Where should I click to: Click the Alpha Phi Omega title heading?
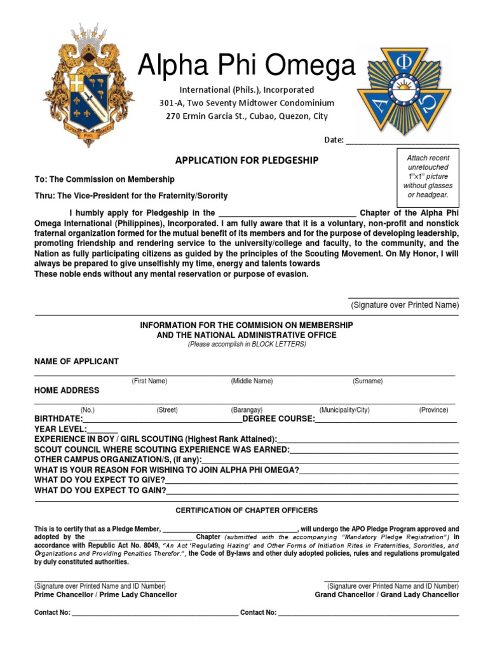click(x=247, y=65)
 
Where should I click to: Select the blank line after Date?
click(x=402, y=140)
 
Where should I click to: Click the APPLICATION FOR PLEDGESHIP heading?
click(x=247, y=161)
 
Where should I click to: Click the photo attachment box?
click(x=428, y=177)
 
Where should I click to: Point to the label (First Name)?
click(x=149, y=381)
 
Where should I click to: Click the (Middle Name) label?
click(x=252, y=381)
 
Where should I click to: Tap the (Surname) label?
click(x=368, y=381)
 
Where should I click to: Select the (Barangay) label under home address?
click(x=247, y=411)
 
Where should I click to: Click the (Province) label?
click(x=433, y=411)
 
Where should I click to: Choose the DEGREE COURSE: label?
click(x=278, y=419)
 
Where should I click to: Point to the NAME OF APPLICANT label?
click(x=76, y=362)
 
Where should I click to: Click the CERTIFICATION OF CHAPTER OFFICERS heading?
click(x=247, y=511)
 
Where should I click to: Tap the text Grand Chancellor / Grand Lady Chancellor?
click(x=386, y=595)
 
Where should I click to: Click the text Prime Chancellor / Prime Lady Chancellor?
click(x=105, y=595)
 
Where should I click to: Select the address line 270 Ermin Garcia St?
click(x=247, y=116)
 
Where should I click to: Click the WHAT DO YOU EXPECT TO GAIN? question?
click(x=100, y=491)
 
